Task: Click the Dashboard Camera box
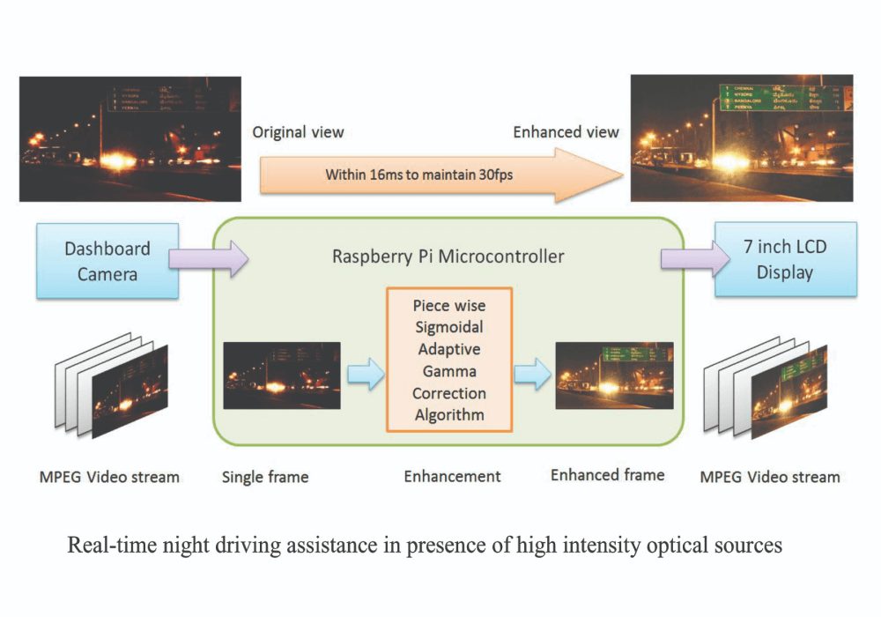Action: tap(107, 261)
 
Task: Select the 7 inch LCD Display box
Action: tap(784, 259)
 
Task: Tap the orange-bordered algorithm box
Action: tap(449, 360)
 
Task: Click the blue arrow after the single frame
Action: tap(364, 375)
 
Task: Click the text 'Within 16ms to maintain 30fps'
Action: tap(418, 175)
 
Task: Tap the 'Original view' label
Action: tap(298, 132)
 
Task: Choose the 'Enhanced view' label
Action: tap(566, 132)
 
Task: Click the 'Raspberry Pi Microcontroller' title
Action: tap(448, 257)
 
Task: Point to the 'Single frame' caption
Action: tap(265, 477)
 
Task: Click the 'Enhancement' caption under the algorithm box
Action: tap(452, 477)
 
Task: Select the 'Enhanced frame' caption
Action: tap(607, 475)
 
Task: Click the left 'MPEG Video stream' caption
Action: tap(109, 477)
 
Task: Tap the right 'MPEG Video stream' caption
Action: tap(769, 477)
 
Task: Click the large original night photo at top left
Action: tap(130, 138)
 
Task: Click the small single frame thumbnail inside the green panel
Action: tap(281, 375)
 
